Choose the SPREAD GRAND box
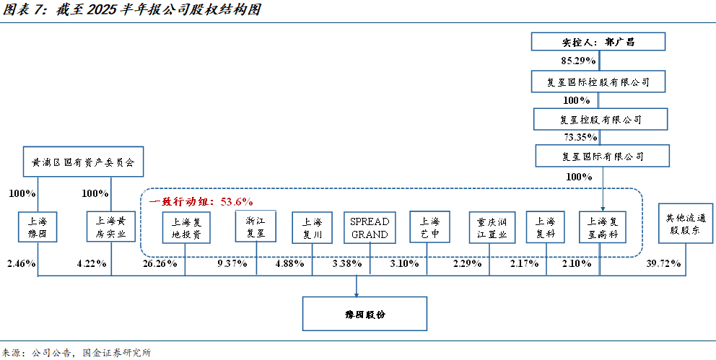[x=370, y=228]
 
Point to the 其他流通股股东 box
[x=681, y=227]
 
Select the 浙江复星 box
[x=256, y=228]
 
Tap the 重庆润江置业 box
[x=491, y=228]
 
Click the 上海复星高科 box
[x=603, y=228]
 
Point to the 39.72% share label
[x=664, y=263]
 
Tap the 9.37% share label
[x=232, y=263]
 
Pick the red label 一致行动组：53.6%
[x=201, y=201]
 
